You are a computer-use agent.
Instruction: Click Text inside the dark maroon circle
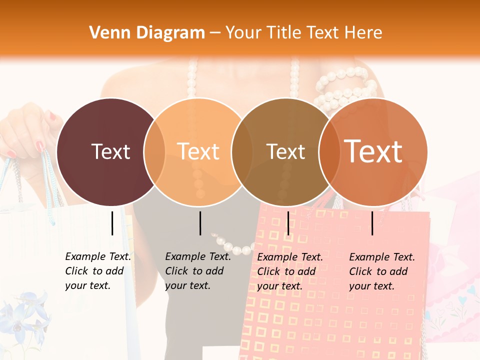pos(110,151)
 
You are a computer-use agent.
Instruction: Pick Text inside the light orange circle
pos(198,151)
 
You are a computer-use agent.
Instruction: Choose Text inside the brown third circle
pos(285,151)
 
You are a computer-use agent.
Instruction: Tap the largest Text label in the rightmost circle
pos(373,151)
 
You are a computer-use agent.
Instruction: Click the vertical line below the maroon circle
pos(112,223)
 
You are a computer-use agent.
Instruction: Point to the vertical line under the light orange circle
pos(200,223)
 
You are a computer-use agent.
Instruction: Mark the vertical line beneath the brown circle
pos(288,223)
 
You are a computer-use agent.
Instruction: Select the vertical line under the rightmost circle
pos(372,223)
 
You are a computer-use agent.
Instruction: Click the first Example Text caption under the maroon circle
pos(98,271)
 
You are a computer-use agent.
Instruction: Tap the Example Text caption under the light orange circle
pos(198,271)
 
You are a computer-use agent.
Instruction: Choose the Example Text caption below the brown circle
pos(290,271)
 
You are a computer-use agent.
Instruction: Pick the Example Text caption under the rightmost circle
pos(382,271)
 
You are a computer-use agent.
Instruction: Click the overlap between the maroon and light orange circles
pos(154,151)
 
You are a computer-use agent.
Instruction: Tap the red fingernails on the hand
pos(40,146)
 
